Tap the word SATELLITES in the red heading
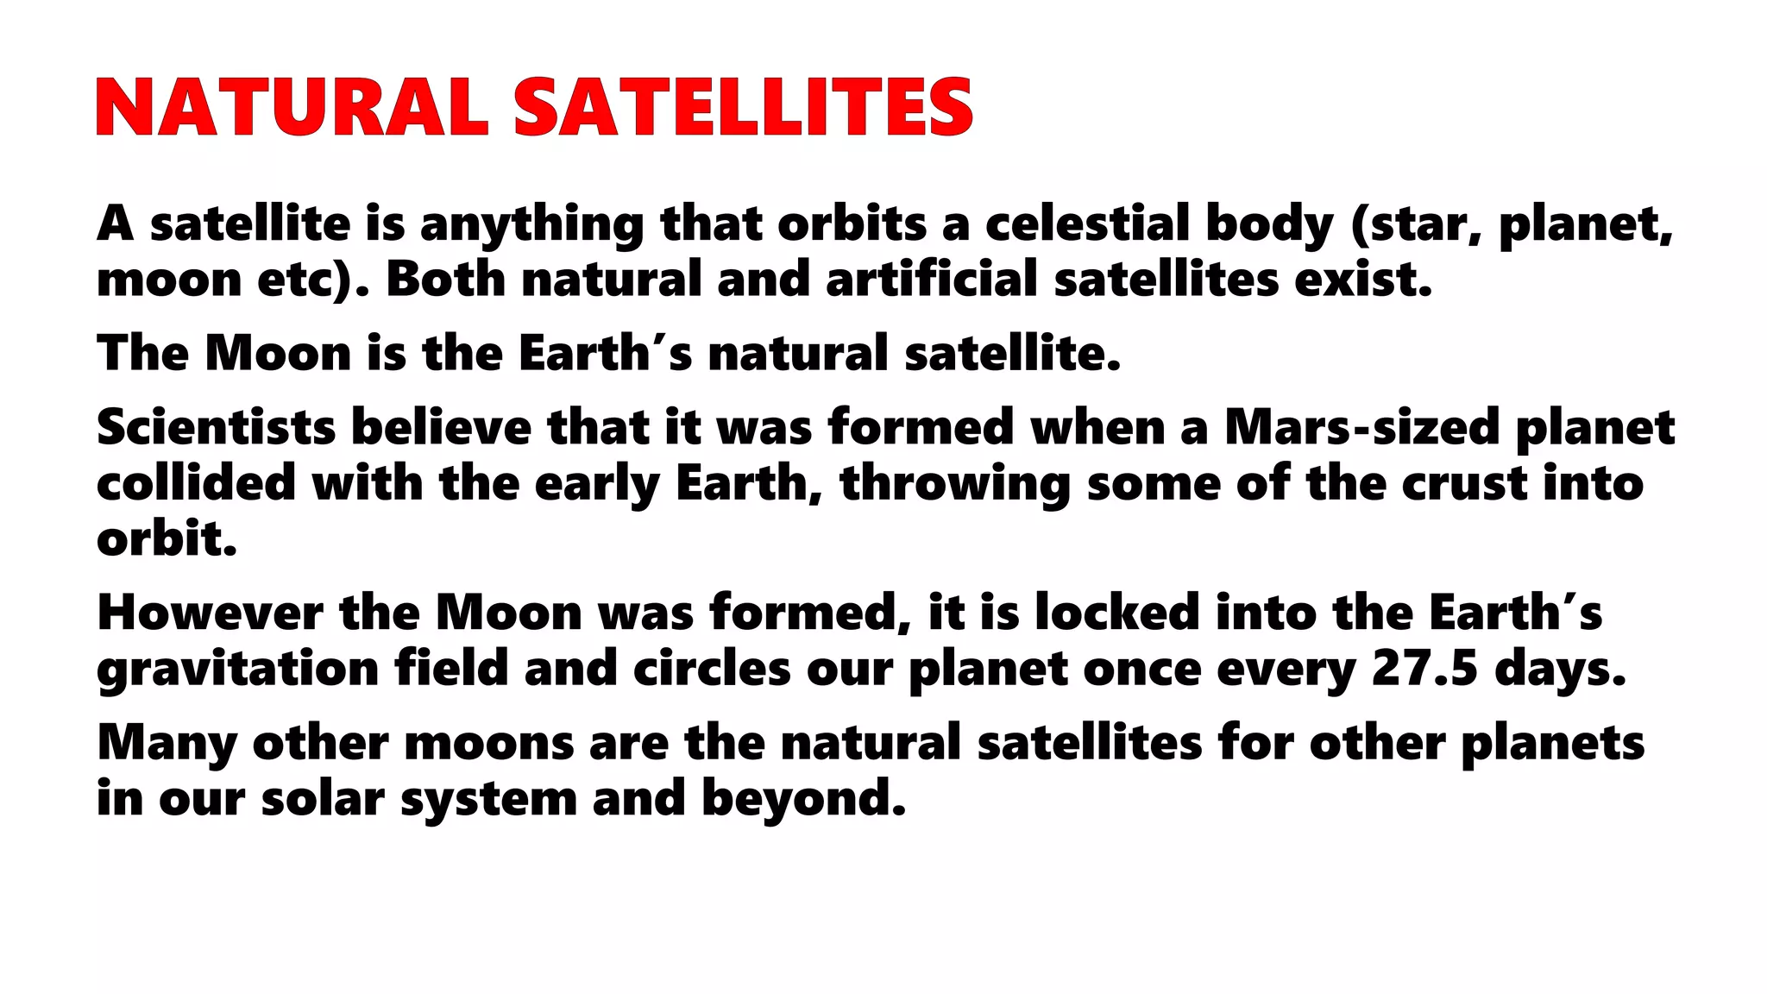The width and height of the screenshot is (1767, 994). [x=744, y=108]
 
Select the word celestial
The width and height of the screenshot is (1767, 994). [x=1087, y=223]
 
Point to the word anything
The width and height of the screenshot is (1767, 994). [x=531, y=223]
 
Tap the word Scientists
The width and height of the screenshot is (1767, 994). [x=216, y=427]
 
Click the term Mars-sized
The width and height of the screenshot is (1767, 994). [x=1362, y=427]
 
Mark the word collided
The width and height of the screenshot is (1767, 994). [x=197, y=483]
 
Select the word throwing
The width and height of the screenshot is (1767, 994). [x=955, y=483]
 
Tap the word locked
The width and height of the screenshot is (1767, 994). [x=1117, y=613]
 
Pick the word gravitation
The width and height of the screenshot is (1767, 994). [x=238, y=670]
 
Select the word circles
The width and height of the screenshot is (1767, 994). [x=712, y=670]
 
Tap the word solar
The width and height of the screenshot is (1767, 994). [x=323, y=799]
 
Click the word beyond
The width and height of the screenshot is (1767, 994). [x=803, y=799]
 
